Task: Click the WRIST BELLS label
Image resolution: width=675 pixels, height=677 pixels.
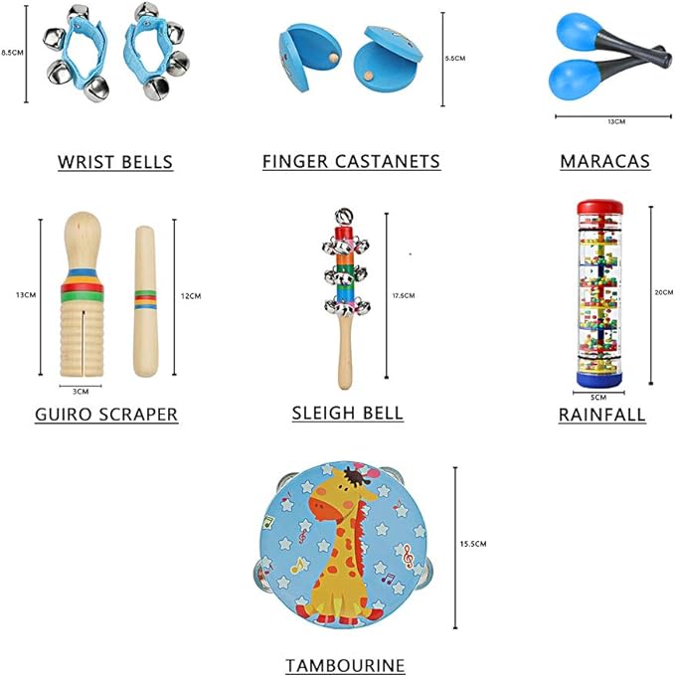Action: pyautogui.click(x=115, y=162)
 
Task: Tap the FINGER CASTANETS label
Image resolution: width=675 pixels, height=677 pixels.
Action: pyautogui.click(x=351, y=161)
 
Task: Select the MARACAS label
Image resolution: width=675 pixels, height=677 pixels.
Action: pyautogui.click(x=604, y=161)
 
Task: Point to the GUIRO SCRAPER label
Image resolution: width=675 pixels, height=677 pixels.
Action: pyautogui.click(x=106, y=415)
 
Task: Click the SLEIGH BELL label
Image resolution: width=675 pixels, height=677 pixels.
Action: pyautogui.click(x=348, y=412)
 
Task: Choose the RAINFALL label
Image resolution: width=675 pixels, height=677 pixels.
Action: pyautogui.click(x=601, y=415)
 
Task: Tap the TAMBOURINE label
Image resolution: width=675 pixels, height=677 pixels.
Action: pyautogui.click(x=345, y=665)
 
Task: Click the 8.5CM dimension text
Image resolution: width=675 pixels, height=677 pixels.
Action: pyautogui.click(x=12, y=52)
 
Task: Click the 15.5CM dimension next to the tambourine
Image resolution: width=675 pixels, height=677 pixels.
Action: pyautogui.click(x=473, y=544)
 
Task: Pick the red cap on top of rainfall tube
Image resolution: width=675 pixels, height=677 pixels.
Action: pyautogui.click(x=605, y=205)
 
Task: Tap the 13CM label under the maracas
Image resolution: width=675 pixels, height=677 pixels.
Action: pyautogui.click(x=615, y=121)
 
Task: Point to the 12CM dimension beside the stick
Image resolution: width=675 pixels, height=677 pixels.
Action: pyautogui.click(x=193, y=296)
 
